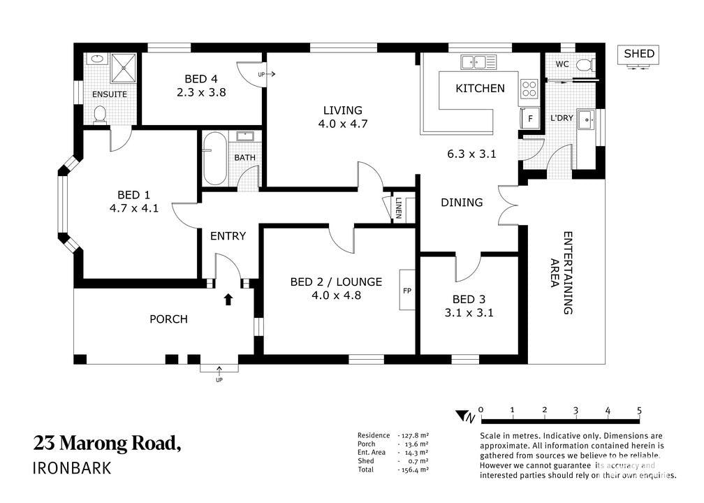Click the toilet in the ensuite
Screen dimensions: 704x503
coord(99,114)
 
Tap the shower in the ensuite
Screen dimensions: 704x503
coord(123,68)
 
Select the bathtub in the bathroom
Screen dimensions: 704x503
coord(214,158)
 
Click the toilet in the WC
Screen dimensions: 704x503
coord(585,66)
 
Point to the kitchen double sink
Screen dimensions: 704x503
coord(478,61)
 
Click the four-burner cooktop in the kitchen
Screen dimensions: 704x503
coord(529,89)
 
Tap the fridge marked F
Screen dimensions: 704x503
coord(530,119)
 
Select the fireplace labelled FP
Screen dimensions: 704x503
coord(407,290)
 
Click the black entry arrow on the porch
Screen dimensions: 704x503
coord(228,299)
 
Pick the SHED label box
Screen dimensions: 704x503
coord(639,54)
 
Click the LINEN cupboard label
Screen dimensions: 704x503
coord(398,208)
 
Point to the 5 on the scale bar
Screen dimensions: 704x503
coord(639,411)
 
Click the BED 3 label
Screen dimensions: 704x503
coord(469,299)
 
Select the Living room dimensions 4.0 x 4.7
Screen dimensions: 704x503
coord(342,124)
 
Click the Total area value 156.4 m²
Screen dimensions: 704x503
coord(413,469)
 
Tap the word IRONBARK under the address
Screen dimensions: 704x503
coord(73,468)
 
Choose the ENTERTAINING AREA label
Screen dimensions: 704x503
coord(562,272)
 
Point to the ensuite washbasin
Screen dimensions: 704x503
coord(97,59)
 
